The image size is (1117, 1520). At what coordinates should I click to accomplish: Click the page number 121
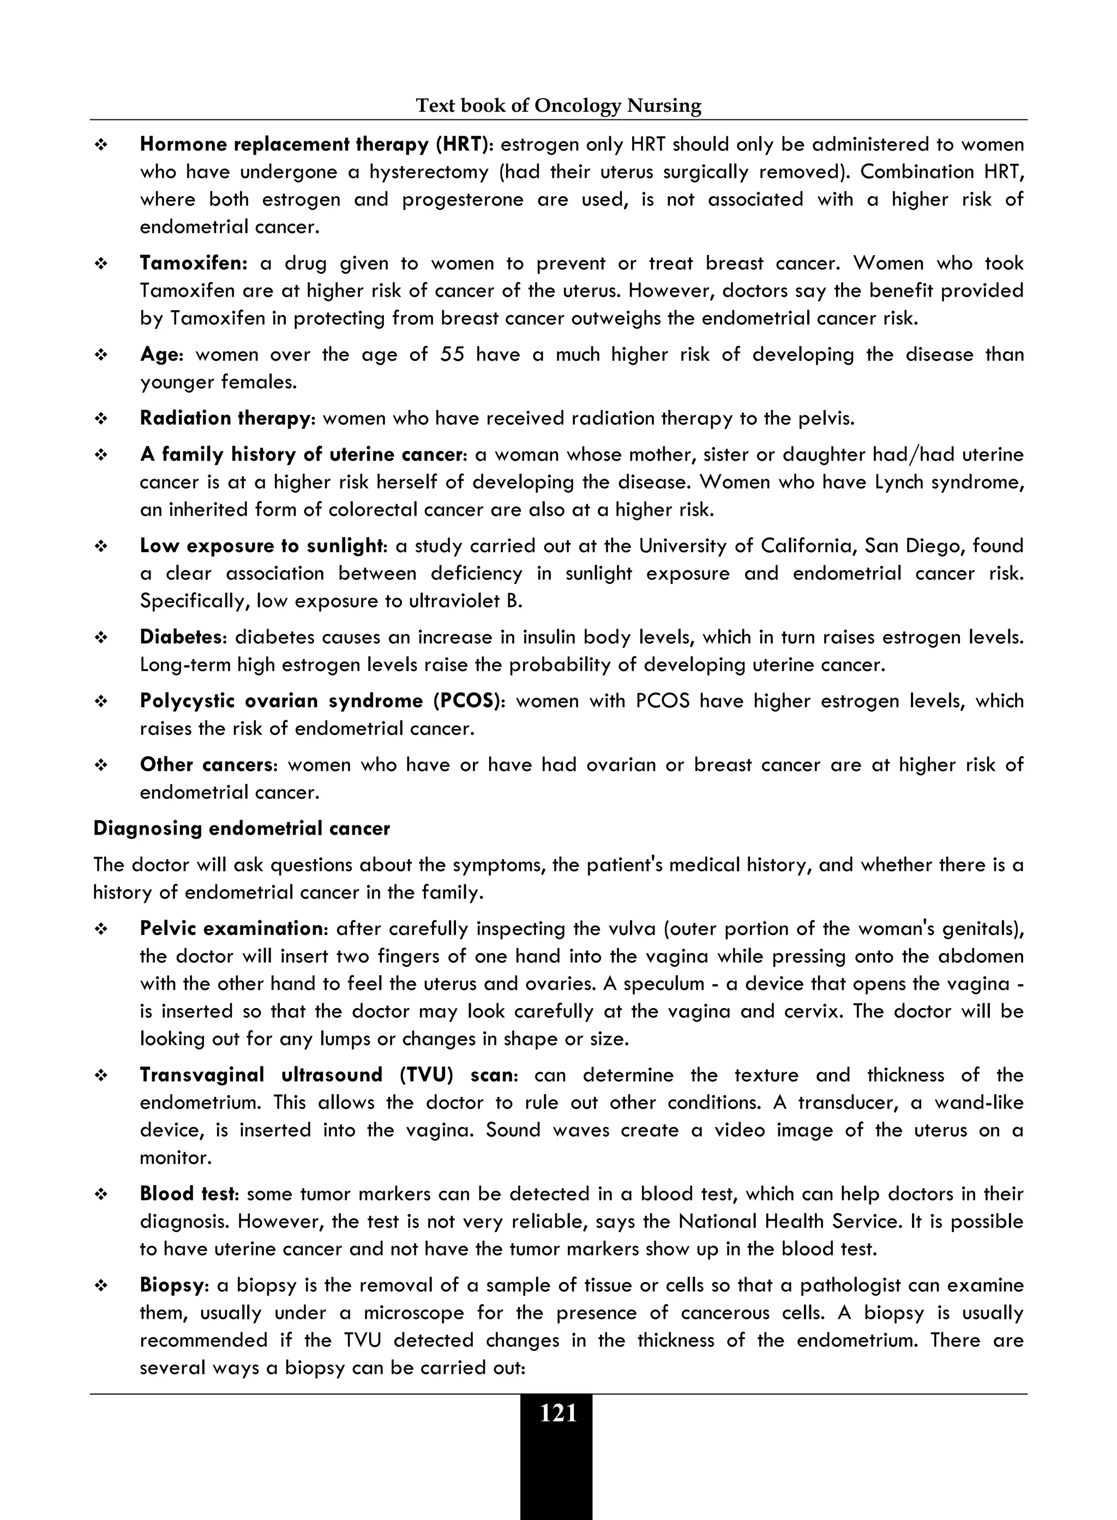[558, 1413]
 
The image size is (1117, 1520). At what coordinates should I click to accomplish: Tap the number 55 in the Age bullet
[452, 354]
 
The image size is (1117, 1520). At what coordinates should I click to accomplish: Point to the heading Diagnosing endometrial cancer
[242, 829]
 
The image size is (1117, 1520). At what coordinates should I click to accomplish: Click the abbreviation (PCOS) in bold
[468, 701]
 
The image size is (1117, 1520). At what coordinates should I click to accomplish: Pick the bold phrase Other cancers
[206, 764]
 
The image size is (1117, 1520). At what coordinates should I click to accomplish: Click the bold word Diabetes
[181, 637]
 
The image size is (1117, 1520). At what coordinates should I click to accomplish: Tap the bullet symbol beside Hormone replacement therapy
[101, 144]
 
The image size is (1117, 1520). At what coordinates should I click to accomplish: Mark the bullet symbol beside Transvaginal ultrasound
[101, 1075]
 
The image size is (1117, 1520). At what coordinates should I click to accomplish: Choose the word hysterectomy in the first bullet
[429, 172]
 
